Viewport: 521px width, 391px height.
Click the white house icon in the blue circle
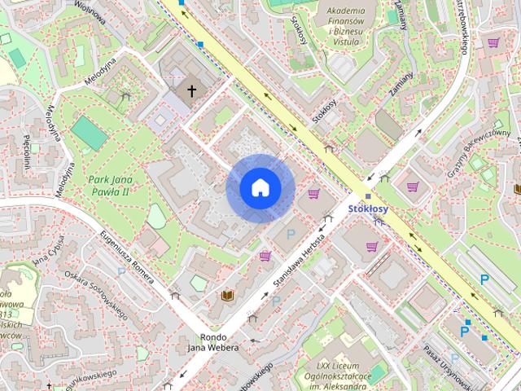tap(260, 188)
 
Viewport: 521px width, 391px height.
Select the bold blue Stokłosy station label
tap(368, 209)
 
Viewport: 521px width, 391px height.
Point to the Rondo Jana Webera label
tap(213, 342)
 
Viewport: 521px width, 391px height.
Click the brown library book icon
tap(227, 295)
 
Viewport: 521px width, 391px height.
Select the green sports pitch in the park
tap(88, 133)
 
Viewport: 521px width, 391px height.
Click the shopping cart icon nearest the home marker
tap(313, 194)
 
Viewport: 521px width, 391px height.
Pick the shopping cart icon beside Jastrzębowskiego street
tap(493, 42)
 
